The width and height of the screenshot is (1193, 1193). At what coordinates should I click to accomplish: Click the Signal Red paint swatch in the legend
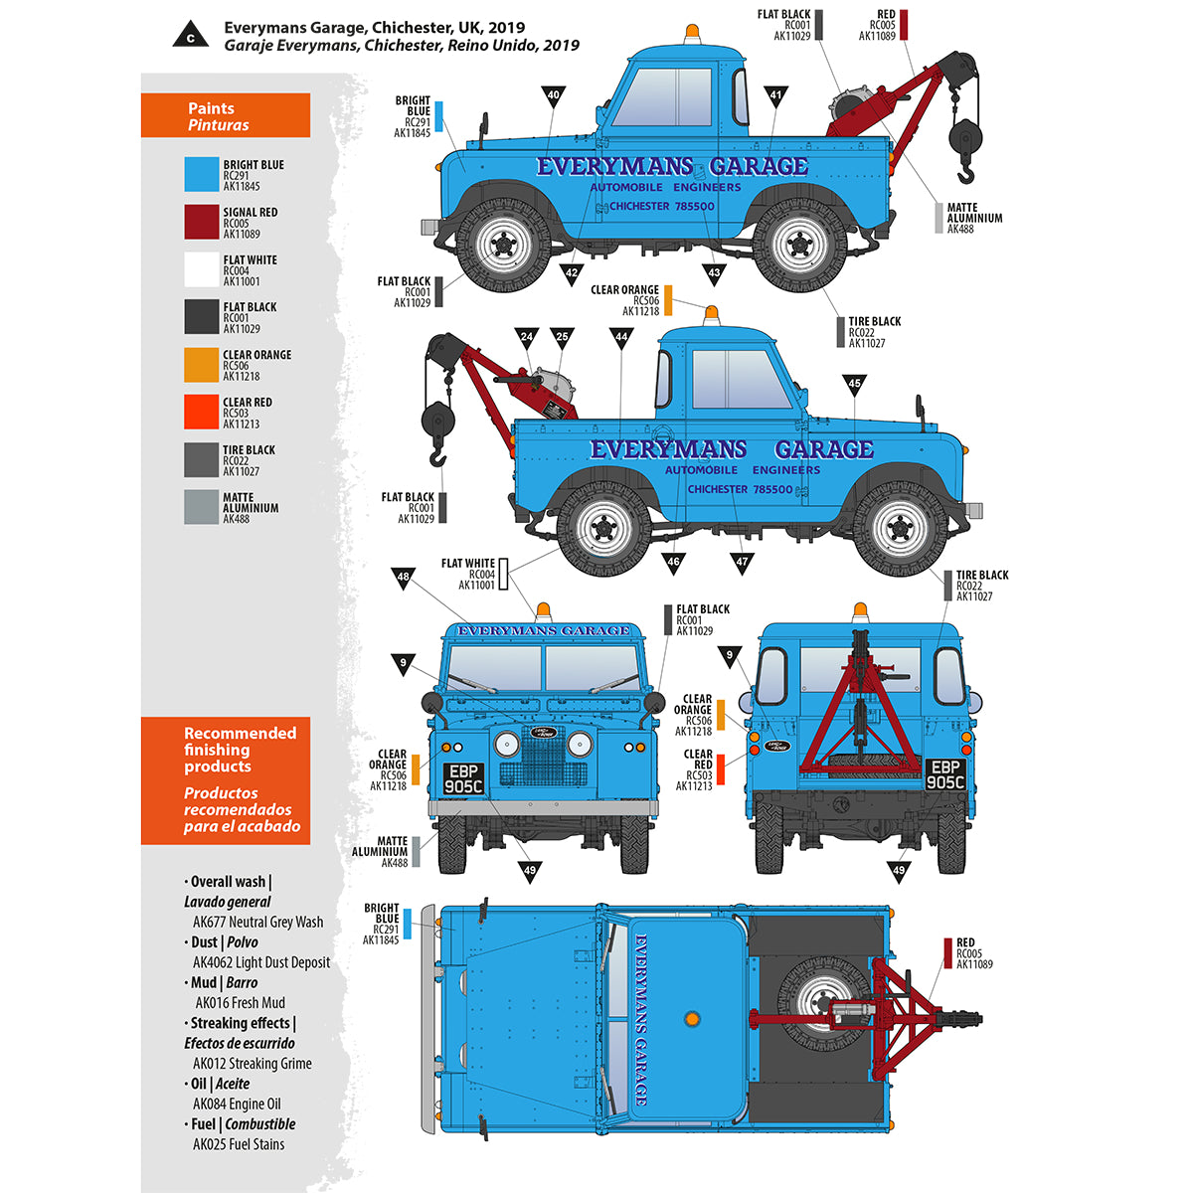click(201, 222)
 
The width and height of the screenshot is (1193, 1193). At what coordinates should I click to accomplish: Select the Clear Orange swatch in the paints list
click(201, 365)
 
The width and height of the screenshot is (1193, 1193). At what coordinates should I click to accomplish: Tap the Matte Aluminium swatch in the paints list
click(201, 507)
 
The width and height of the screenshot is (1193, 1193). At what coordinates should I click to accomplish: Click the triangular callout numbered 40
click(554, 95)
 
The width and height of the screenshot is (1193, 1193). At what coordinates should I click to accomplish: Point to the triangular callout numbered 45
click(854, 384)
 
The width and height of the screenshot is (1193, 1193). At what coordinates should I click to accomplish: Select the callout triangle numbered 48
click(403, 578)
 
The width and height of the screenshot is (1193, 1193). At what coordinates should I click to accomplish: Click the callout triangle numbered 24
click(527, 337)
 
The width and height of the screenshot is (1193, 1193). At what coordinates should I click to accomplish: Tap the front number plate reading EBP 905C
click(463, 778)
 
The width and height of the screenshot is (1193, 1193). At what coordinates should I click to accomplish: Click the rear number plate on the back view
click(944, 774)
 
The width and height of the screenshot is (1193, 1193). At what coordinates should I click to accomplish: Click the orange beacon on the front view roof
click(543, 611)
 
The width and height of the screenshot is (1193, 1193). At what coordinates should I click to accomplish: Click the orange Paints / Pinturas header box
click(226, 116)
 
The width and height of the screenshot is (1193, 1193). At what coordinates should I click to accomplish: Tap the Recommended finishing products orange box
click(226, 780)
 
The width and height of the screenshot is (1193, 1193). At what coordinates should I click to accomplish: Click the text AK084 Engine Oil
click(237, 1104)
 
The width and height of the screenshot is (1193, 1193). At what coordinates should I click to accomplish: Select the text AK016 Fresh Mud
click(240, 1002)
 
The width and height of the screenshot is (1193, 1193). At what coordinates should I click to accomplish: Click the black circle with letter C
click(190, 37)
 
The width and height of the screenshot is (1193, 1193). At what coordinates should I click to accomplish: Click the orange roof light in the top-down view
click(691, 1020)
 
